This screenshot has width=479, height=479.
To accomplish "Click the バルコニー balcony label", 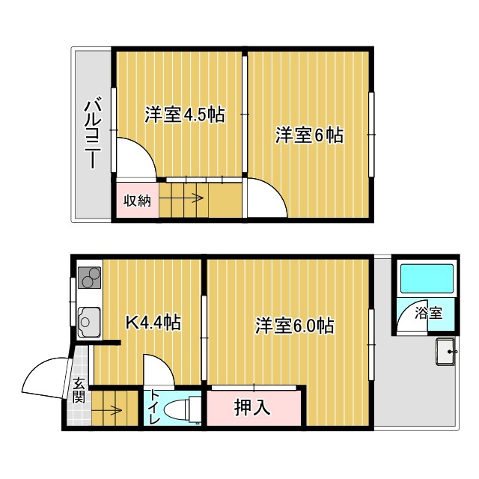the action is pyautogui.click(x=93, y=132).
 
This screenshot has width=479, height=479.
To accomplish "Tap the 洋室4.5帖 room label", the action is pyautogui.click(x=185, y=115).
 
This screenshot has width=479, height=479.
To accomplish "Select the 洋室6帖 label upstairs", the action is pyautogui.click(x=309, y=135).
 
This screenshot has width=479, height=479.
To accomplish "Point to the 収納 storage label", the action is pyautogui.click(x=137, y=201).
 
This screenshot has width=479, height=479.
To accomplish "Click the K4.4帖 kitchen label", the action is pyautogui.click(x=153, y=323).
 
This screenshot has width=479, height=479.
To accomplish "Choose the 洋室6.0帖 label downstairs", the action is pyautogui.click(x=294, y=326).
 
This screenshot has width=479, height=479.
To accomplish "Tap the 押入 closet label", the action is pyautogui.click(x=252, y=407).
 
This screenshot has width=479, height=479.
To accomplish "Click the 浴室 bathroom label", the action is pyautogui.click(x=428, y=313).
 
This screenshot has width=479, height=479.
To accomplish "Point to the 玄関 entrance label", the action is pyautogui.click(x=79, y=390).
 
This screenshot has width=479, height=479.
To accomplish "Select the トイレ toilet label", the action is pyautogui.click(x=153, y=407).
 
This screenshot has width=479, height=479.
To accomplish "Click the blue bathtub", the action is pyautogui.click(x=427, y=278).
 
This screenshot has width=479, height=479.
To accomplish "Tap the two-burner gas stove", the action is pyautogui.click(x=89, y=278).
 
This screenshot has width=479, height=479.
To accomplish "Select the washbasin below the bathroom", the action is pyautogui.click(x=446, y=352).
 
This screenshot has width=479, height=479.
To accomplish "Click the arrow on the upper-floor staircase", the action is pyautogui.click(x=181, y=198).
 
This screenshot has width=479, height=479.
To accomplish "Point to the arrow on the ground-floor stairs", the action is pyautogui.click(x=107, y=410).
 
